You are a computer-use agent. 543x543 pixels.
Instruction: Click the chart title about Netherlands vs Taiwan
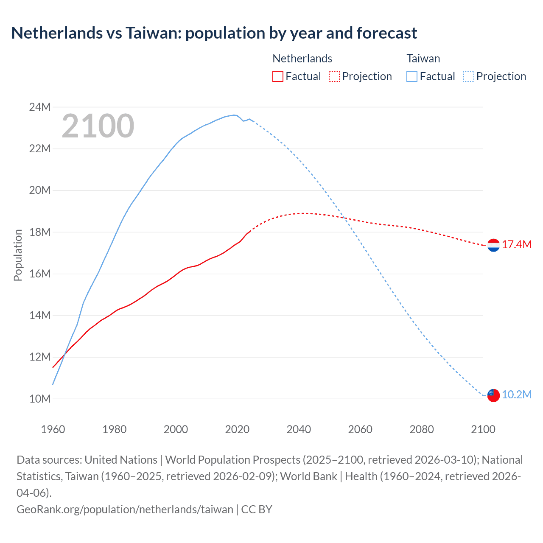[x=214, y=33]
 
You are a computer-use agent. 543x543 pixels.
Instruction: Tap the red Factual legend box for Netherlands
[x=277, y=76]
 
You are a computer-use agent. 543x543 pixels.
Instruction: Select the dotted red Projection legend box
[x=334, y=76]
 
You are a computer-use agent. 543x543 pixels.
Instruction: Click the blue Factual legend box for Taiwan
[x=412, y=76]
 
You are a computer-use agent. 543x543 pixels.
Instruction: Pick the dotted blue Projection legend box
[x=468, y=76]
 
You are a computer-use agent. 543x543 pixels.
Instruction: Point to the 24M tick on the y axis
[x=40, y=107]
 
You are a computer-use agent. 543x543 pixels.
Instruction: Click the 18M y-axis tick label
[x=40, y=232]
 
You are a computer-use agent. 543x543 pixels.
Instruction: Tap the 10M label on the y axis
[x=40, y=399]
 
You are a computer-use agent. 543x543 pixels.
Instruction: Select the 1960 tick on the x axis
[x=53, y=429]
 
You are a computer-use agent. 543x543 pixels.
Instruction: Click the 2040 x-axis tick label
[x=299, y=429]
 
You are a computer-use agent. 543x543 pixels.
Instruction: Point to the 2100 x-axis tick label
[x=483, y=429]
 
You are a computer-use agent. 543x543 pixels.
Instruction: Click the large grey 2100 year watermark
[x=98, y=126]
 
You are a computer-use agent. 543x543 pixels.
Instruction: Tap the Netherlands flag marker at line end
[x=493, y=245]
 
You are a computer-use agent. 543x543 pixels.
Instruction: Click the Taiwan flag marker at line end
[x=493, y=395]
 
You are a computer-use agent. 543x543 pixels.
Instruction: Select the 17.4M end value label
[x=517, y=245]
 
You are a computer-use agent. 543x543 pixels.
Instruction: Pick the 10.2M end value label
[x=517, y=395]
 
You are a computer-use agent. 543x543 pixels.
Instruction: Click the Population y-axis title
[x=18, y=255]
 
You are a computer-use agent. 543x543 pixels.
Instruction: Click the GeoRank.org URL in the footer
[x=125, y=509]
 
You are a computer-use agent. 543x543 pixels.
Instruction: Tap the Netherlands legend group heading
[x=302, y=59]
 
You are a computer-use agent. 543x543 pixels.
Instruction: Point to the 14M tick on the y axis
[x=40, y=315]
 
